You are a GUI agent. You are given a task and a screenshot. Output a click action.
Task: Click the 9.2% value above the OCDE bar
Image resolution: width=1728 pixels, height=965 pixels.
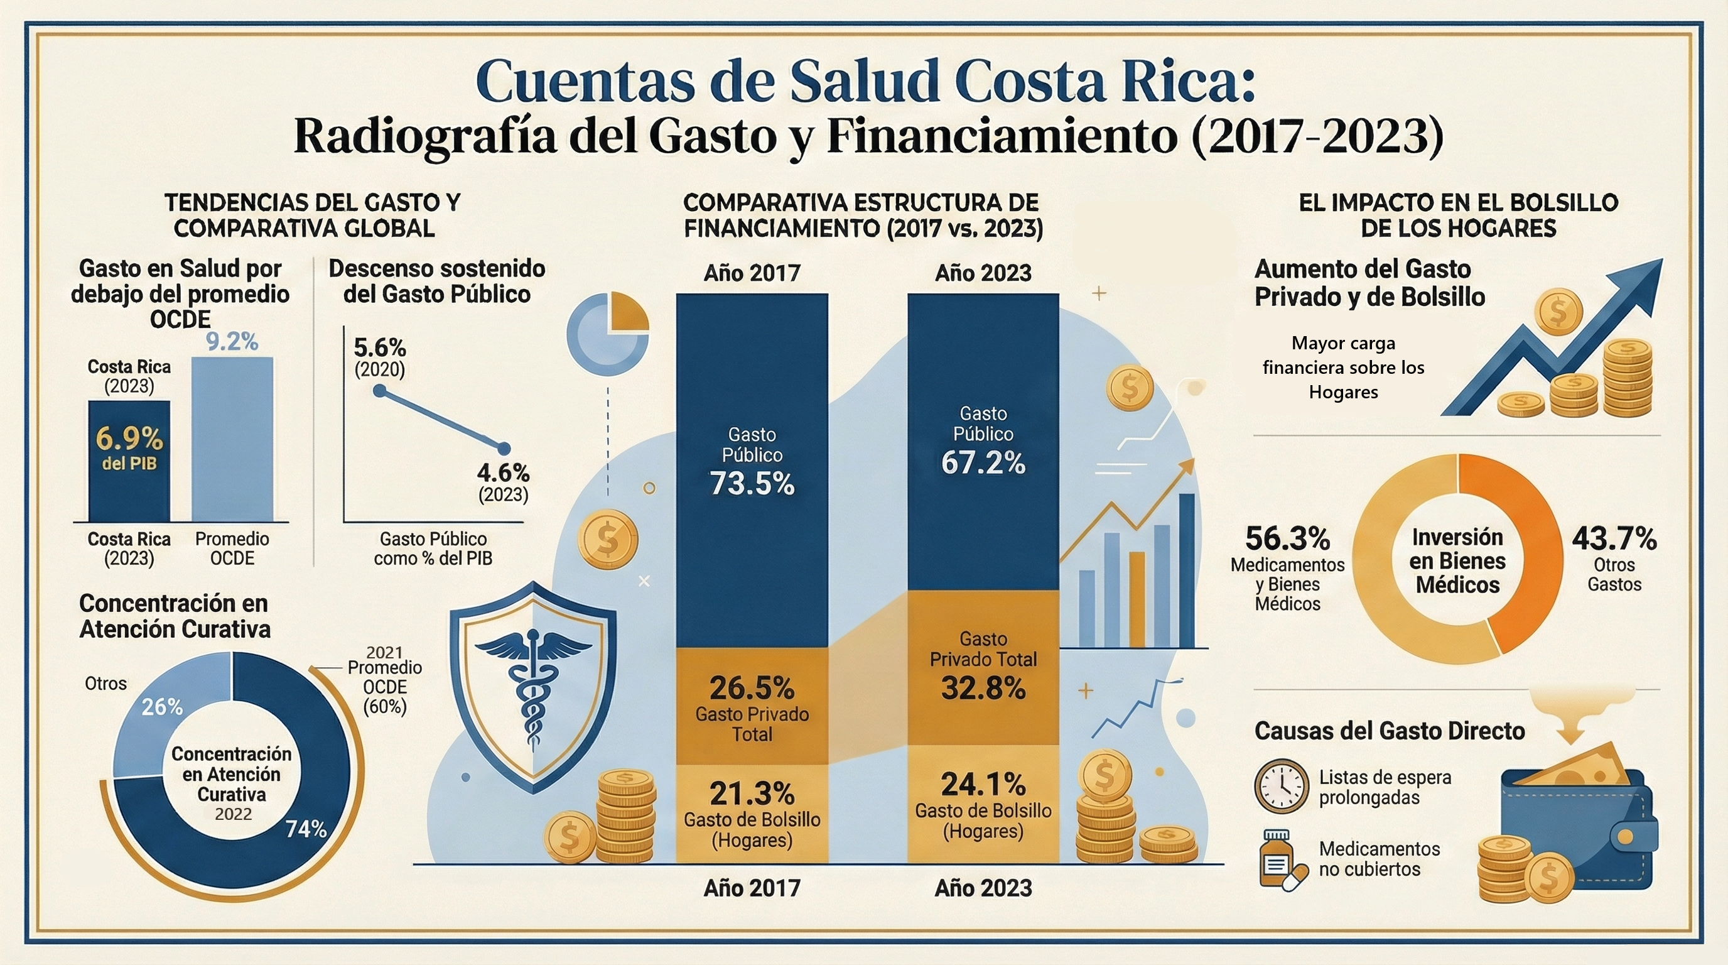click(x=232, y=342)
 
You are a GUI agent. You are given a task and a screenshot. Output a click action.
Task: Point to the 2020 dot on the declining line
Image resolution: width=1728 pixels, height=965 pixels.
click(x=380, y=391)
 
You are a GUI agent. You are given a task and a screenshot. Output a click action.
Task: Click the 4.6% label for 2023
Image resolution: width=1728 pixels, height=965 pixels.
click(x=503, y=473)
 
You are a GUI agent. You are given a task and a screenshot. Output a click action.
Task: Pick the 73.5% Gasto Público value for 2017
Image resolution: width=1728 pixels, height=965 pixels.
click(x=752, y=483)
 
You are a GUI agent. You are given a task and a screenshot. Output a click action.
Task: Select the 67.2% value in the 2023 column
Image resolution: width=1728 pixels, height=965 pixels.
click(x=983, y=463)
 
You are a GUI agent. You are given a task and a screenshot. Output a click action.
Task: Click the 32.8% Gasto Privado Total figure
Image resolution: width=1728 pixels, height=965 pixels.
click(x=983, y=688)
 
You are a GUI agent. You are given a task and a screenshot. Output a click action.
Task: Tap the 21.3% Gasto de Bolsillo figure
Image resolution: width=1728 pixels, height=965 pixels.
click(x=752, y=794)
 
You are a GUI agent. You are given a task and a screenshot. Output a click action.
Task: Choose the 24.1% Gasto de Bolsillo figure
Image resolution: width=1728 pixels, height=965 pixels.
click(x=983, y=784)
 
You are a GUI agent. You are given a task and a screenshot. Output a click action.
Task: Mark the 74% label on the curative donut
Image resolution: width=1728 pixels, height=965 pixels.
click(x=306, y=829)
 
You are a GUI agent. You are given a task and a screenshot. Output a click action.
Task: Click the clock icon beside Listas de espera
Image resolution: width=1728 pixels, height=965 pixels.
click(x=1281, y=786)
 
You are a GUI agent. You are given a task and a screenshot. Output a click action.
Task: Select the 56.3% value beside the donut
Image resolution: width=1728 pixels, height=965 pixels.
click(x=1287, y=538)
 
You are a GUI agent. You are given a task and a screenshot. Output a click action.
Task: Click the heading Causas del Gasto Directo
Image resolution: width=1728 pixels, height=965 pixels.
click(x=1389, y=731)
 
